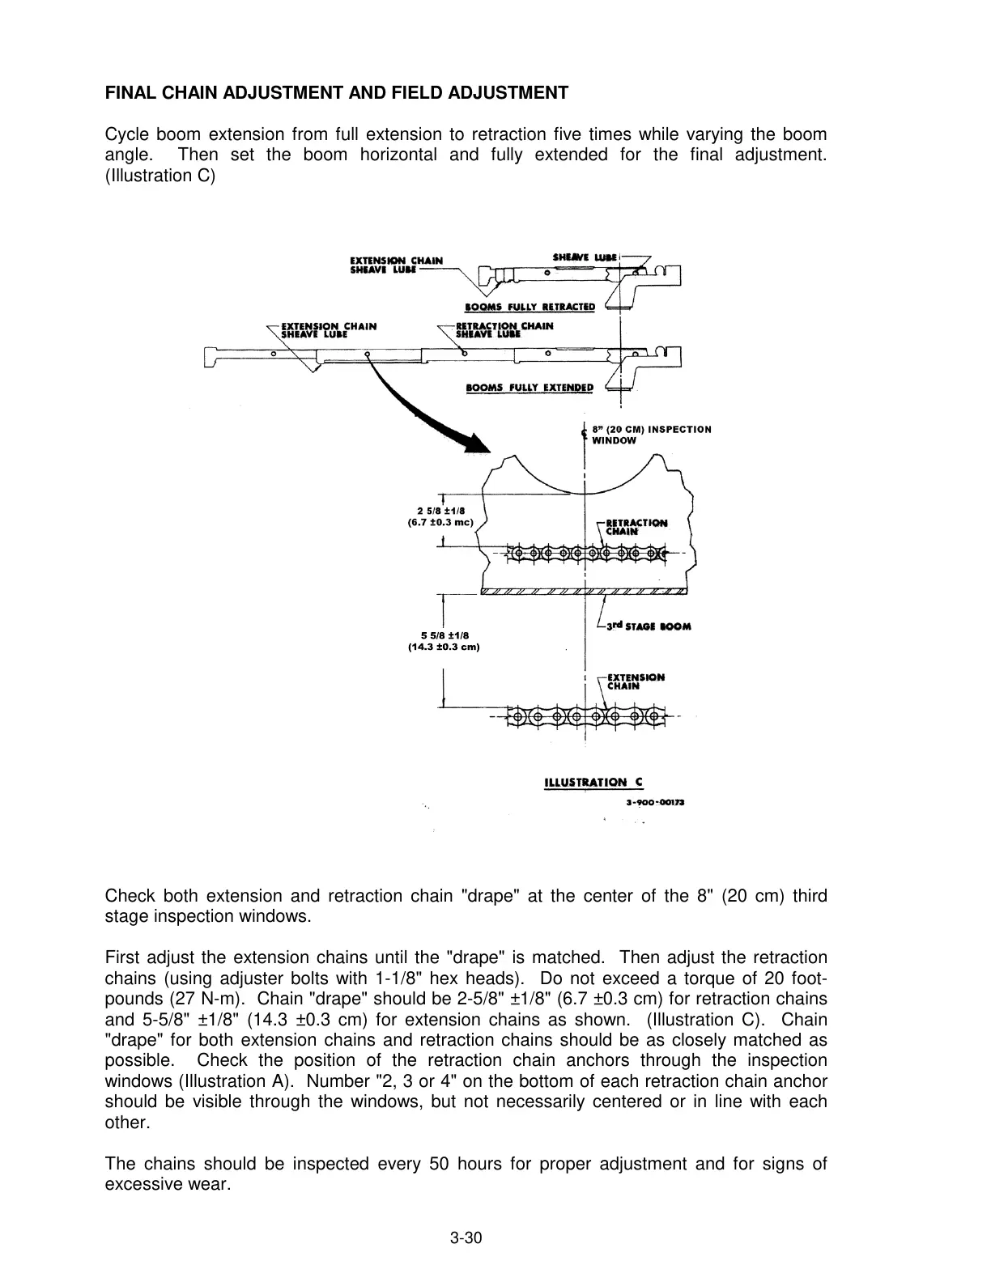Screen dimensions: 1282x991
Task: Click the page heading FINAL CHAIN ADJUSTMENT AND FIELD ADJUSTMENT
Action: tap(337, 93)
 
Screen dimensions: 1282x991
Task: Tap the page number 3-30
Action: tap(466, 1237)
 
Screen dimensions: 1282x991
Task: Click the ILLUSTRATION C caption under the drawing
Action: tap(593, 782)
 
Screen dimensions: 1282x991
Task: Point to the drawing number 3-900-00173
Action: tap(655, 803)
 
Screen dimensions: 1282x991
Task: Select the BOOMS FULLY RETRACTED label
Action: tap(530, 307)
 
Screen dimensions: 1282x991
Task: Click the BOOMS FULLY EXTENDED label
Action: tap(530, 387)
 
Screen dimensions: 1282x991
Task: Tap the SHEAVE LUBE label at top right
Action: tap(585, 257)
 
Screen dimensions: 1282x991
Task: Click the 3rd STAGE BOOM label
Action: tap(649, 626)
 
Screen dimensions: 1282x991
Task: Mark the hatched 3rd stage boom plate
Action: tap(585, 591)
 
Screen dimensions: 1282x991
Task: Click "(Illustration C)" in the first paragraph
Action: tap(160, 176)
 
